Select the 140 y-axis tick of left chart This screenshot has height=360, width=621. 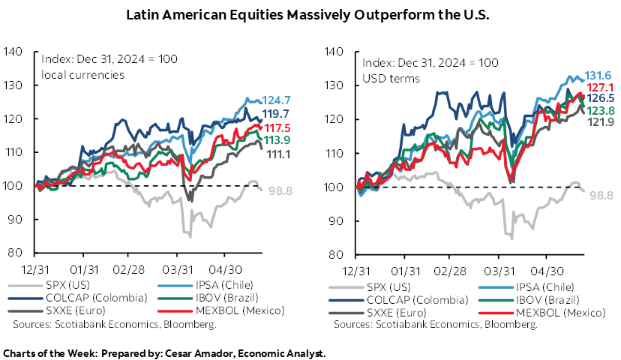pyautogui.click(x=21, y=52)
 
